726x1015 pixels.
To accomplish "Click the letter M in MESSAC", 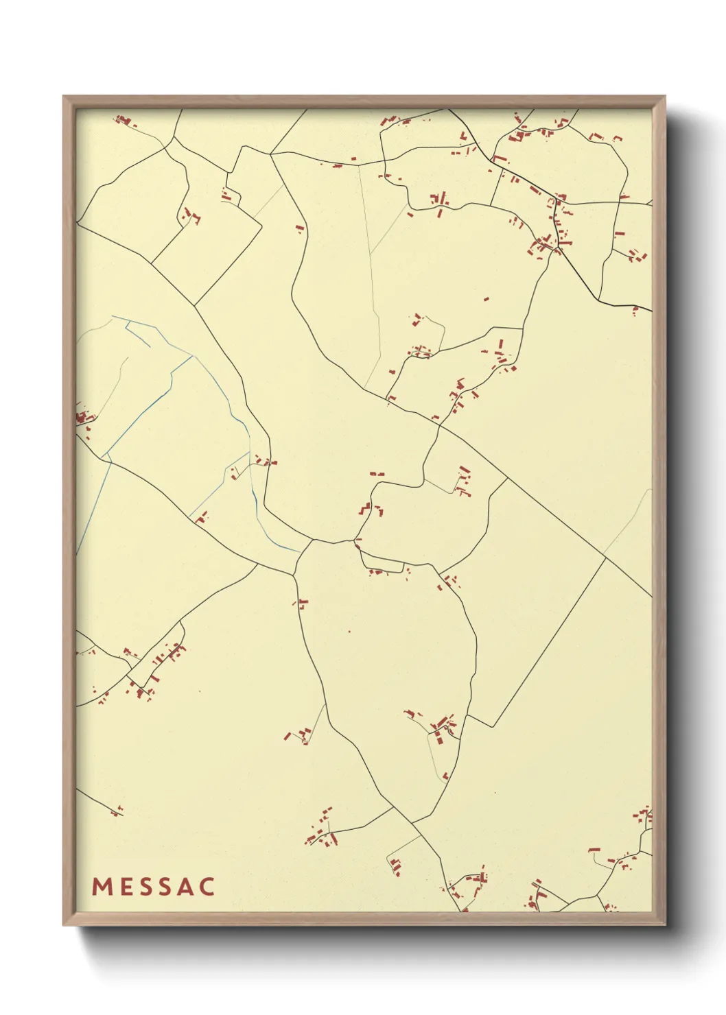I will (101, 887).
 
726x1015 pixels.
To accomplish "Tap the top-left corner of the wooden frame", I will (64, 97).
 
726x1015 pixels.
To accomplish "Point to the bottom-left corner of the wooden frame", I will (64, 924).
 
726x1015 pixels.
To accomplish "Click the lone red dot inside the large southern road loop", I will (349, 632).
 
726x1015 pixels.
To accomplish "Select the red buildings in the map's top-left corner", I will (124, 122).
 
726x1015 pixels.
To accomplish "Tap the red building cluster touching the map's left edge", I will (84, 418).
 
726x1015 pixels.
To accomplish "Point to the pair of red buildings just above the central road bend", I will (376, 473).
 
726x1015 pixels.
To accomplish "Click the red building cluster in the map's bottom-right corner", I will (642, 817).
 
